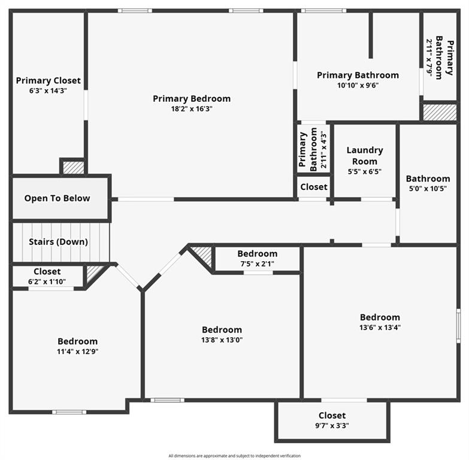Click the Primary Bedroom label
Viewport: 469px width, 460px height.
191,99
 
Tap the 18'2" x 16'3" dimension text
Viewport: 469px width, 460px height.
191,109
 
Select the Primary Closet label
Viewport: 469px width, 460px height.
48,81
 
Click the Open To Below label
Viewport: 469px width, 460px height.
57,198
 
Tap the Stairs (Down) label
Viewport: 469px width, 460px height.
58,242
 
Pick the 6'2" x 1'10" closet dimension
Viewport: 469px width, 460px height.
47,282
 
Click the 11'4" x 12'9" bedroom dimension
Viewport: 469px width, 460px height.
77,352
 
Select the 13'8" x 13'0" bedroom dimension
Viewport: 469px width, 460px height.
222,340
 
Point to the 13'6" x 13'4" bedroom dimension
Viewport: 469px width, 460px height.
380,327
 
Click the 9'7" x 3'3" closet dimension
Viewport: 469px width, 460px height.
332,426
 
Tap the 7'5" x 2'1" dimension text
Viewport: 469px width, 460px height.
257,264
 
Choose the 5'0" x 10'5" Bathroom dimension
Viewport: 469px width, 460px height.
428,188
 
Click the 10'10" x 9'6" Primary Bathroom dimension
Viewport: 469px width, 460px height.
358,85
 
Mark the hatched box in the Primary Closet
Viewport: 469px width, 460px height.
74,167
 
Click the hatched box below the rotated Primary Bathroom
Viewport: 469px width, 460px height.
440,112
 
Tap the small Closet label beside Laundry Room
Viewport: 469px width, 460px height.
314,187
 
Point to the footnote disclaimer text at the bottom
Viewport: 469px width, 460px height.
234,456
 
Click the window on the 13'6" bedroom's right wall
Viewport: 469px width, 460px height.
458,326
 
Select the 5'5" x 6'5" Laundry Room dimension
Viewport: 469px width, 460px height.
364,171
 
